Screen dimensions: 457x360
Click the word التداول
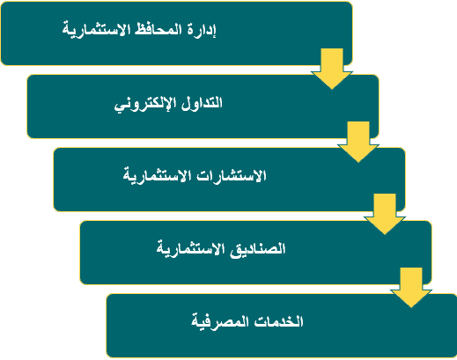coord(202,103)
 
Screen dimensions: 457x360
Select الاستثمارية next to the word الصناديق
coord(190,249)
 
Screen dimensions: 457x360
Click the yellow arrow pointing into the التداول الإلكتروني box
coord(332,69)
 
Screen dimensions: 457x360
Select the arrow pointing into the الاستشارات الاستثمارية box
coord(358,142)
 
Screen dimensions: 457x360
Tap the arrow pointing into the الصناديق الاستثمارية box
coord(385,214)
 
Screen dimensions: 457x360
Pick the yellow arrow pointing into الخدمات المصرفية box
coord(411,288)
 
